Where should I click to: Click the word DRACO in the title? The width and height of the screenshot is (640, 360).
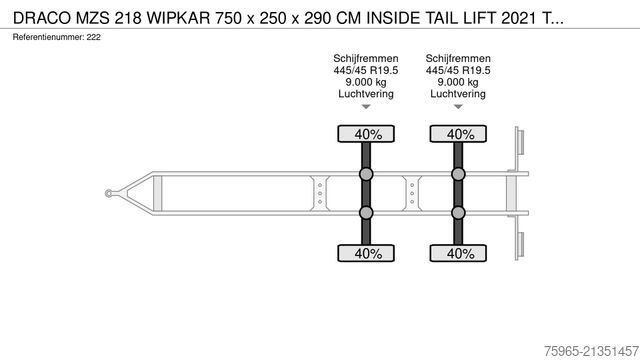click(x=42, y=18)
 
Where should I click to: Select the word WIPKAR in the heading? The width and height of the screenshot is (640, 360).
click(x=179, y=18)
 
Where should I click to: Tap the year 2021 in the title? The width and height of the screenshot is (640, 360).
click(x=518, y=18)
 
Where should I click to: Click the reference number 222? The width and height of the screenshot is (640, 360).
click(x=93, y=37)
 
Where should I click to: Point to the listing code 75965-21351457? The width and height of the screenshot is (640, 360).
click(x=591, y=351)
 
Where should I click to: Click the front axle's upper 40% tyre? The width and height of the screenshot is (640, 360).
click(x=366, y=134)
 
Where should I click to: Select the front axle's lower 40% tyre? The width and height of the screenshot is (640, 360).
click(x=366, y=253)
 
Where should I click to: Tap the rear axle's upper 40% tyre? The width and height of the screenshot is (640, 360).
click(x=458, y=134)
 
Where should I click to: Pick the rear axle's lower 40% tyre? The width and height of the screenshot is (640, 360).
click(x=458, y=253)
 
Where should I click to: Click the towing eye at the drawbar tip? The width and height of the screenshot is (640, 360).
click(x=109, y=193)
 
